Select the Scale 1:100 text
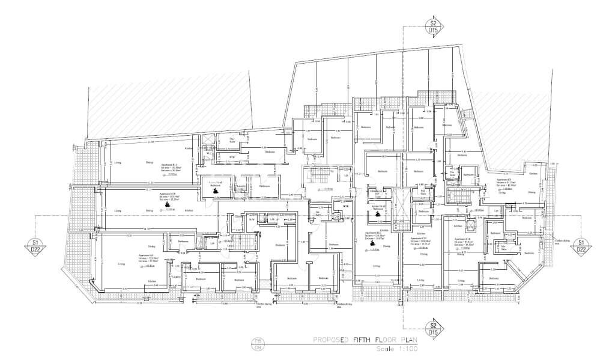tap(396, 349)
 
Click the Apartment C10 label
tap(463, 239)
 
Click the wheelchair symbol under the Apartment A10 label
tap(167, 205)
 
